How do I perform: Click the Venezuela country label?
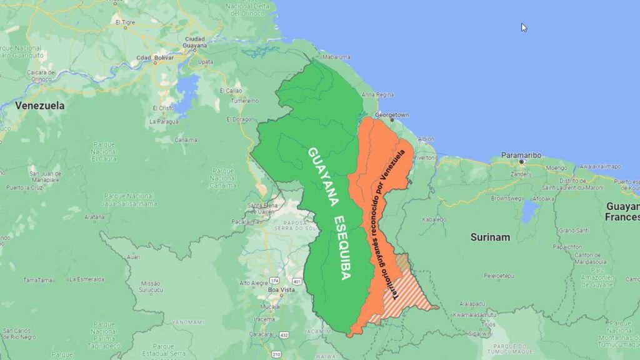coord(40,106)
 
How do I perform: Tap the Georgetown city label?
coord(392,116)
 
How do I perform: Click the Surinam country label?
coord(490,237)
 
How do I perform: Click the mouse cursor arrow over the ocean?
coord(524,27)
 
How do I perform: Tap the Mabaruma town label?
coord(336,57)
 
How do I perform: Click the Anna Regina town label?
coord(377,95)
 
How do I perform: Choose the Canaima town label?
coord(186,140)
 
